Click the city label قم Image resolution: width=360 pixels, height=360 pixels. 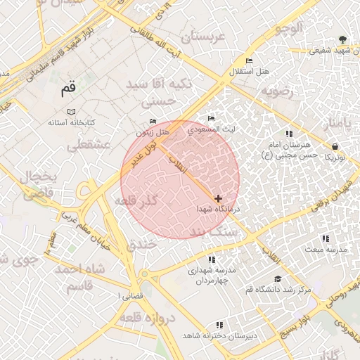(x=67, y=89)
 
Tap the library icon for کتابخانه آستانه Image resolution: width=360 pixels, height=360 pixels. (x=70, y=112)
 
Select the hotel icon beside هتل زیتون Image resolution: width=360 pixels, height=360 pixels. (x=153, y=122)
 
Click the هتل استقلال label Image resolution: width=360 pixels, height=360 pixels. (x=250, y=72)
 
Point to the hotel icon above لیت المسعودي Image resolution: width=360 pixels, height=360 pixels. (x=212, y=118)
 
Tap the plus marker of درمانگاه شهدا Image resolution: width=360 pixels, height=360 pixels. (x=219, y=199)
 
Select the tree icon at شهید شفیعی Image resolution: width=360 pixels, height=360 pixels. (x=342, y=39)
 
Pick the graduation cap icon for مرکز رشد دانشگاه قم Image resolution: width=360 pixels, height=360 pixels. (x=277, y=279)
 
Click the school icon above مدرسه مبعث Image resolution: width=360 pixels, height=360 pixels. (x=325, y=238)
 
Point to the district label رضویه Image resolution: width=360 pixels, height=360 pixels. (x=281, y=91)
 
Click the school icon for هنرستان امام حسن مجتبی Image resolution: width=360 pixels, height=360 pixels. (x=288, y=134)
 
